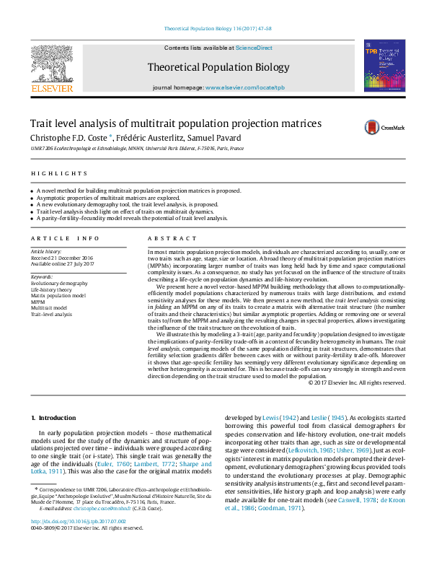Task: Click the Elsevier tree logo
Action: click(x=52, y=64)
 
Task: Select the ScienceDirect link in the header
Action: click(x=255, y=48)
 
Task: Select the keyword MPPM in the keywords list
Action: click(x=37, y=302)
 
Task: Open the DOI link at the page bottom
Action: click(x=79, y=541)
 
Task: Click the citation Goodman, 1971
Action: click(x=280, y=508)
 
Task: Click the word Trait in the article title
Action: click(x=40, y=123)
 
